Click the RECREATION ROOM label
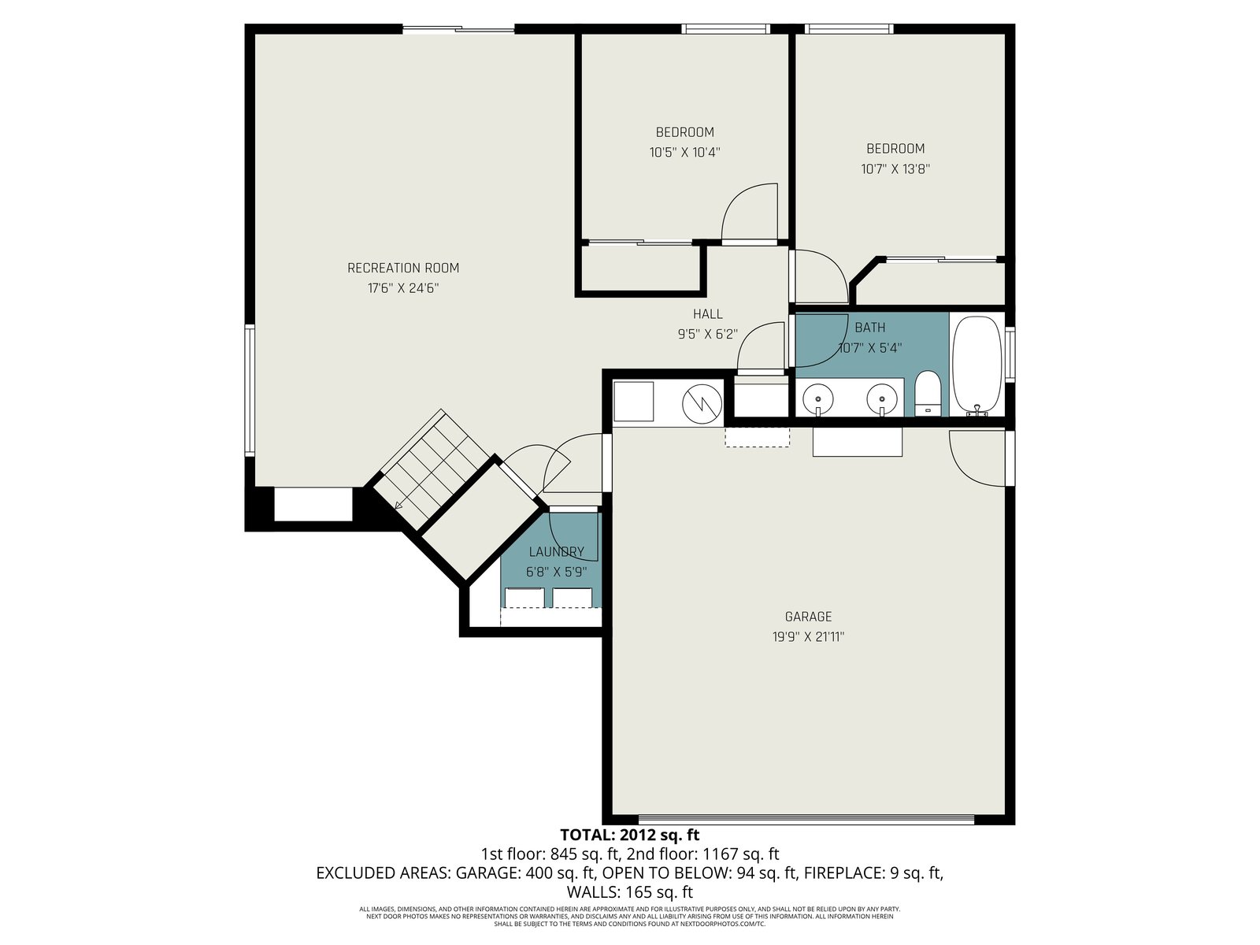click(x=403, y=268)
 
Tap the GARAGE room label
click(x=808, y=617)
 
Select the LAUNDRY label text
click(x=556, y=552)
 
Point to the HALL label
click(x=708, y=314)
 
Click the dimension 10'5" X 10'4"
click(x=685, y=153)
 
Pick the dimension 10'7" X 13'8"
click(x=895, y=169)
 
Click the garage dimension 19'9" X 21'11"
click(x=808, y=637)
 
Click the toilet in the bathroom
click(x=927, y=394)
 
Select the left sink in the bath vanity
click(x=818, y=397)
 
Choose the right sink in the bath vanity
click(x=882, y=397)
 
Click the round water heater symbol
click(x=702, y=404)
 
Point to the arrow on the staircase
click(x=399, y=505)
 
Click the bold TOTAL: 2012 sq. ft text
click(x=630, y=834)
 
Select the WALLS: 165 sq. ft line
click(x=630, y=892)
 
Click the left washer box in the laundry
click(x=524, y=598)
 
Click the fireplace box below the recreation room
click(x=313, y=504)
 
